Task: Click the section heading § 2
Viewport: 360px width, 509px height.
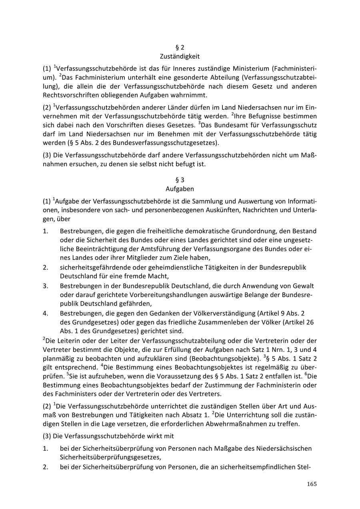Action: pyautogui.click(x=180, y=48)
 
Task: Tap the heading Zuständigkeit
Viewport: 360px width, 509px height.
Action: pyautogui.click(x=180, y=56)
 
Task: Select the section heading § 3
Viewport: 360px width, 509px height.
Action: pyautogui.click(x=180, y=180)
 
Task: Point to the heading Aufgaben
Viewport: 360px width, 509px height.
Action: pyautogui.click(x=180, y=189)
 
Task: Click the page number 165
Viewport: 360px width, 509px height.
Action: pyautogui.click(x=312, y=484)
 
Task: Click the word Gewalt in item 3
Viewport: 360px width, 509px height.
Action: pyautogui.click(x=304, y=286)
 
